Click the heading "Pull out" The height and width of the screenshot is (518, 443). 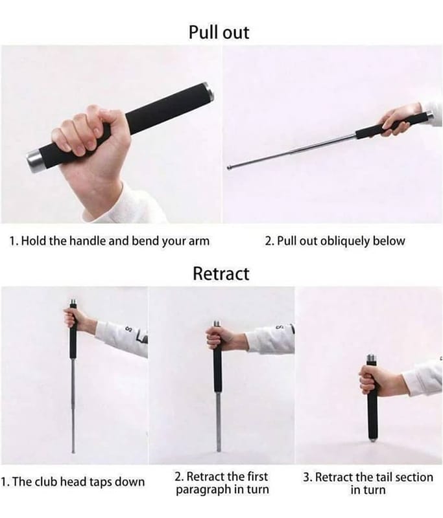pyautogui.click(x=219, y=32)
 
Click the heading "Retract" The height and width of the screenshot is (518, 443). pyautogui.click(x=221, y=273)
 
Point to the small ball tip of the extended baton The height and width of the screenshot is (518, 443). pyautogui.click(x=228, y=168)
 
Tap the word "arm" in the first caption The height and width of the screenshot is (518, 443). pyautogui.click(x=199, y=241)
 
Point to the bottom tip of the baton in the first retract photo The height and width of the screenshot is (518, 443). pyautogui.click(x=73, y=451)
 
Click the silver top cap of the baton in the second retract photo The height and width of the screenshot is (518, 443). pyautogui.click(x=217, y=324)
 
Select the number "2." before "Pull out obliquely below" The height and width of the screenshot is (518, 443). pyautogui.click(x=269, y=241)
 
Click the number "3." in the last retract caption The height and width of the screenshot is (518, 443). pyautogui.click(x=307, y=477)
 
